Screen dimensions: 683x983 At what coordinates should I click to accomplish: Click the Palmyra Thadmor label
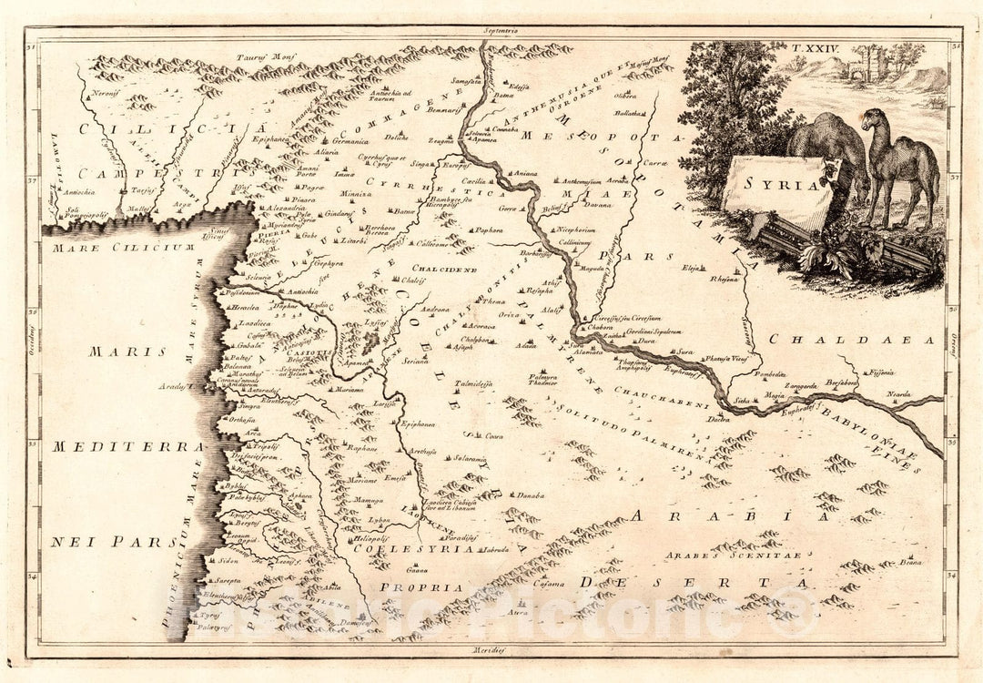tap(544, 380)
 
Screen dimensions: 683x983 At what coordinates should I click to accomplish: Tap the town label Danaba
tap(531, 495)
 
